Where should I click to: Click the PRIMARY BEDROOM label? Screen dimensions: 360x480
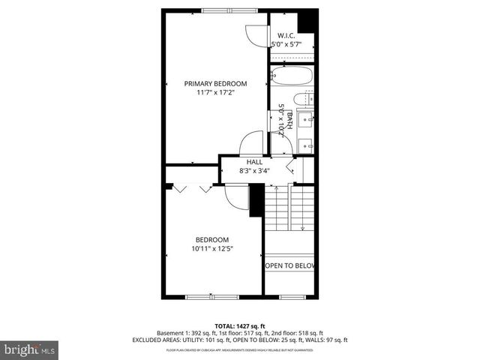215,84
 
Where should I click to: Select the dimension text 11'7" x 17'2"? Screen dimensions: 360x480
215,93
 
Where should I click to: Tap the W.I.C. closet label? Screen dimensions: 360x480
286,36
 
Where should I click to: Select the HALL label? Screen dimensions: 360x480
254,161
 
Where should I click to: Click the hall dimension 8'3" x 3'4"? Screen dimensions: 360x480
254,170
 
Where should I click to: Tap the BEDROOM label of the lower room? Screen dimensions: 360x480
208,239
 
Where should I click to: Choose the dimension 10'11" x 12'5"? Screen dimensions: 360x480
208,248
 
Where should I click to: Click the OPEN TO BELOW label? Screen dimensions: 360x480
290,265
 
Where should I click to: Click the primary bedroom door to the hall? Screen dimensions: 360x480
251,143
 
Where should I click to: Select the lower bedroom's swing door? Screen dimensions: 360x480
238,197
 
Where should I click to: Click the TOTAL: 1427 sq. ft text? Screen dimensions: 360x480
239,325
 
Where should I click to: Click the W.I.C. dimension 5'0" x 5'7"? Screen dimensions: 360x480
286,45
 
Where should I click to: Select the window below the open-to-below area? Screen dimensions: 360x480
290,296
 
